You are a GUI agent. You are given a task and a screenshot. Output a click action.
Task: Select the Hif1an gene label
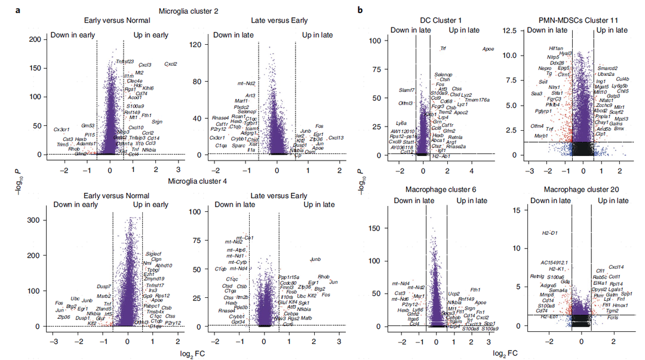click(x=556, y=48)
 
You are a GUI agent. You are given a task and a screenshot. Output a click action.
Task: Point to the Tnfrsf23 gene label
click(x=125, y=61)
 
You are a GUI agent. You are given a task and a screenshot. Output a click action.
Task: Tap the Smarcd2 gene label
click(x=607, y=68)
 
